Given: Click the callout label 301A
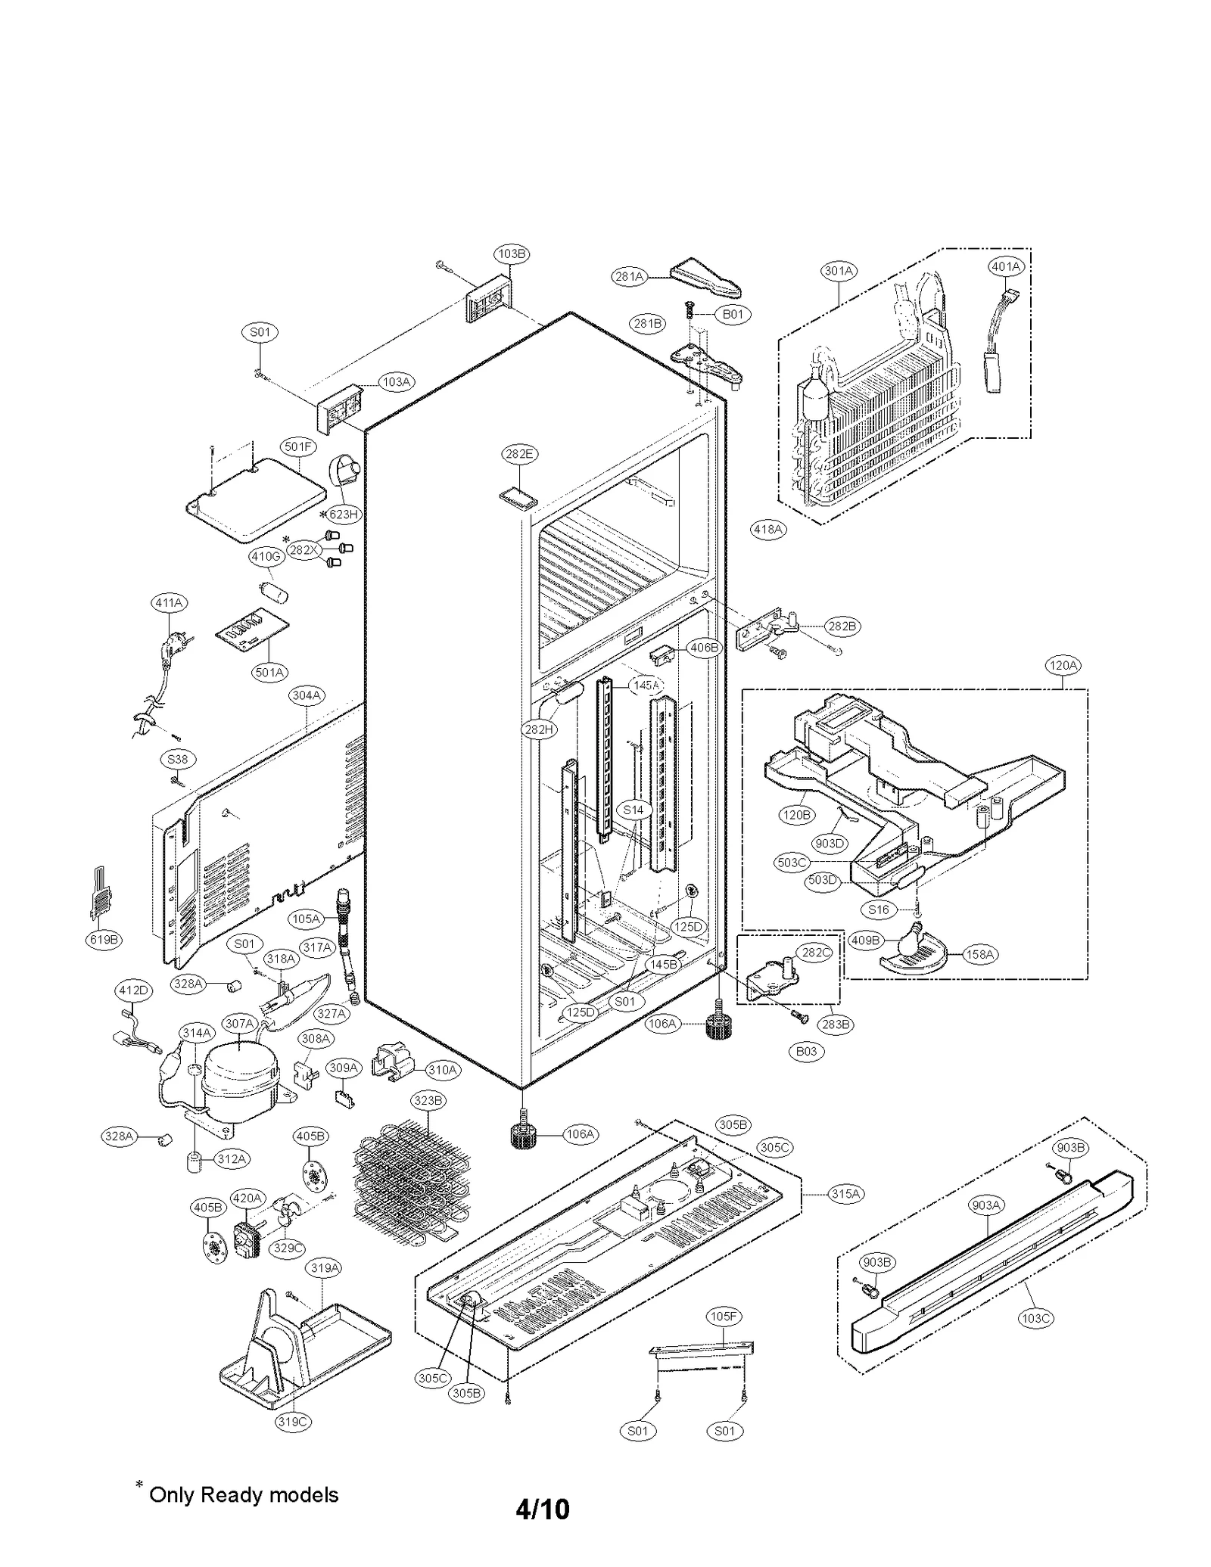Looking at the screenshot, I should (839, 271).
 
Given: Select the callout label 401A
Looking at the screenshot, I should (1006, 266).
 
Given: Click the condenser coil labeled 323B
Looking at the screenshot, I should (411, 1186).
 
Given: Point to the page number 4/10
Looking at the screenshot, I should (542, 1509).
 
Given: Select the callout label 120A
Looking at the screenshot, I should (1062, 666).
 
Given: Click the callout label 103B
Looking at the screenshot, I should (512, 253).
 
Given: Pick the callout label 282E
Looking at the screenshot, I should (518, 454).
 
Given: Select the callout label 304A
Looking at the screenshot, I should (307, 695).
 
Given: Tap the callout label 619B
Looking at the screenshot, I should (104, 940).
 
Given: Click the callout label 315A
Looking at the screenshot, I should (845, 1193).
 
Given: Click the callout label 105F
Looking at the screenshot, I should (723, 1317).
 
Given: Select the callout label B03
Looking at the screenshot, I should (807, 1051).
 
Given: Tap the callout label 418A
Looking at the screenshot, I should (768, 530).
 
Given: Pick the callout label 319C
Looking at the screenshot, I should (292, 1422).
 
